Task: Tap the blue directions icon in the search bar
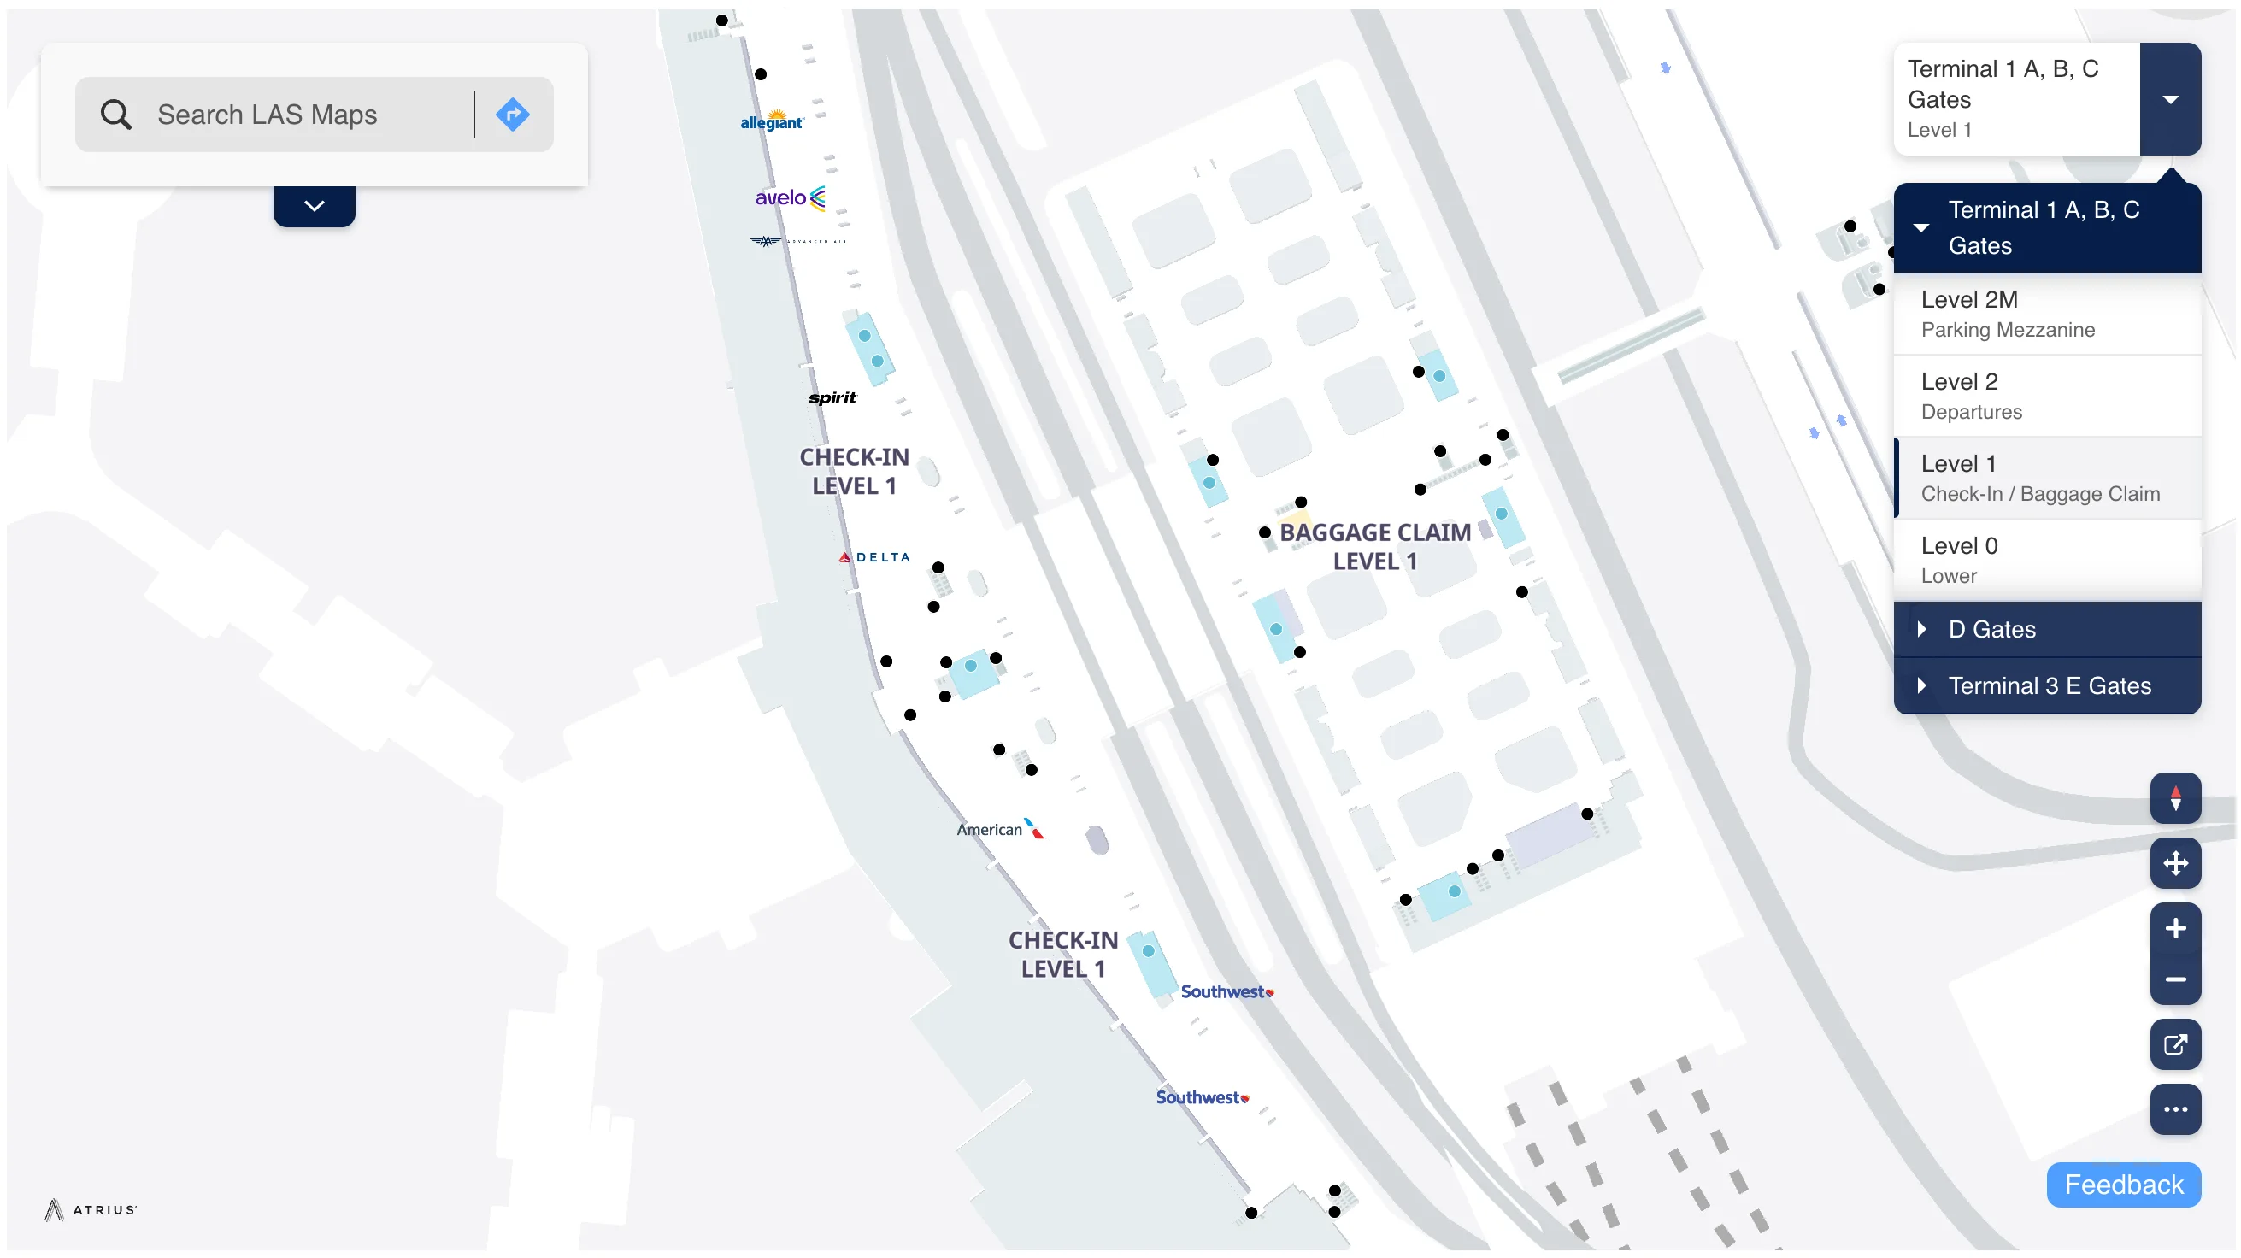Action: click(x=513, y=115)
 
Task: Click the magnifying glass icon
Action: click(x=115, y=115)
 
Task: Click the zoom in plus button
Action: click(x=2174, y=928)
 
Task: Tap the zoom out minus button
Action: click(x=2174, y=979)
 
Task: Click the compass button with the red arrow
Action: click(x=2174, y=797)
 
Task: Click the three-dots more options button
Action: click(x=2174, y=1109)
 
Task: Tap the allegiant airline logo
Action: click(x=771, y=121)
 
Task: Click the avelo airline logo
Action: click(x=789, y=197)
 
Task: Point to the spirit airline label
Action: click(x=832, y=397)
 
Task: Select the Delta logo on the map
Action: click(x=874, y=557)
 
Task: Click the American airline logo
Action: click(x=998, y=829)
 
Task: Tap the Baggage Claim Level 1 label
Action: click(x=1374, y=546)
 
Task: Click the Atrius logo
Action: click(x=91, y=1209)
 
